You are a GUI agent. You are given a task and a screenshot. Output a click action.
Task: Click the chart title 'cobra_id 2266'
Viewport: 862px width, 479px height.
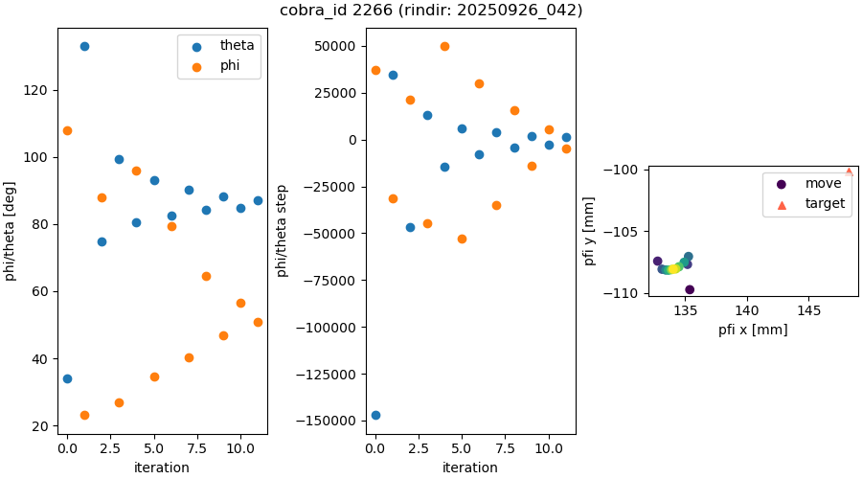coord(431,11)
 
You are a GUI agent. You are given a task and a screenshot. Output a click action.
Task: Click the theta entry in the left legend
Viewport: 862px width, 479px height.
coord(230,45)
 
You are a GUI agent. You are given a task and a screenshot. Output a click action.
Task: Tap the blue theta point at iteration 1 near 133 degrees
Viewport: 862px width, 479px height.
coord(84,46)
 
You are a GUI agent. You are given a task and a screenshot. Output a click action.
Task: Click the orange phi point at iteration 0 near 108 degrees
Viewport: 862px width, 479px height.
coord(67,130)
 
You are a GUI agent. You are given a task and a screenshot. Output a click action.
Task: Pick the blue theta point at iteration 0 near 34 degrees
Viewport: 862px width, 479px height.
coord(67,378)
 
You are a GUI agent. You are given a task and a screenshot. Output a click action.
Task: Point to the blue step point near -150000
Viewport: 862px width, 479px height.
coord(375,415)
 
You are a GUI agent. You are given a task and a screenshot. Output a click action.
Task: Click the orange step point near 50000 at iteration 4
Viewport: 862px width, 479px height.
coord(444,46)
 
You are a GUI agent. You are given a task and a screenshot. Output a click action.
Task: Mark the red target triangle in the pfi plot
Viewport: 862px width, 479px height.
coord(849,172)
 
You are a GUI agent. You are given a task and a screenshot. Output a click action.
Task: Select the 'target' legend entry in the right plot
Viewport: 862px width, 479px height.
coord(825,203)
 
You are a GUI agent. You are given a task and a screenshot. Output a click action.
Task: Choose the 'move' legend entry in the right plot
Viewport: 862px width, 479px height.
coord(823,183)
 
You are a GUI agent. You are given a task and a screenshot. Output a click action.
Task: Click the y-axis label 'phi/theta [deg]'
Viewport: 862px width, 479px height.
coord(11,231)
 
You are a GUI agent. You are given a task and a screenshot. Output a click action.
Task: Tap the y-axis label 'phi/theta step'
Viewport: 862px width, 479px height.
coord(283,231)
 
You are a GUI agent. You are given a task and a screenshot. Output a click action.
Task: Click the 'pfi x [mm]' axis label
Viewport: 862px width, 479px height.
coord(753,330)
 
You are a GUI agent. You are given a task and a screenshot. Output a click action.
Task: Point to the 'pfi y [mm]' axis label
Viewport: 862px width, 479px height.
coord(588,231)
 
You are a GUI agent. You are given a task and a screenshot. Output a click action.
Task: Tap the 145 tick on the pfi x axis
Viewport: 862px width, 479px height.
coord(808,310)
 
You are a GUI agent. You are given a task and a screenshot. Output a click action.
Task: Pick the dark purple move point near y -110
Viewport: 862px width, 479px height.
coord(690,289)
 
